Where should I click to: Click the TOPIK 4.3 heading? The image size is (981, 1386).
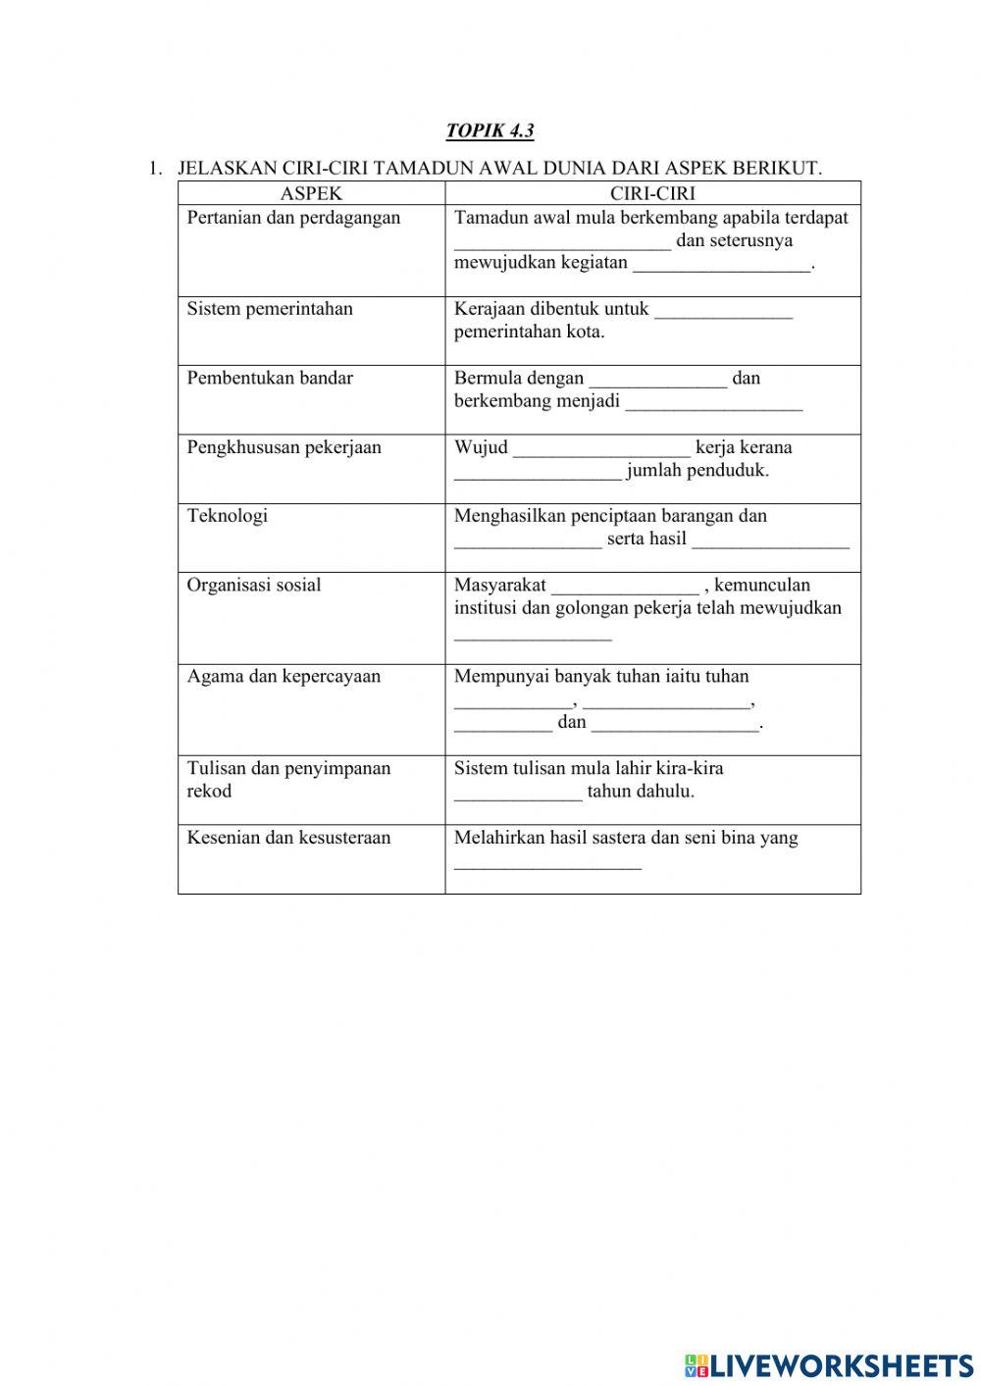pos(490,130)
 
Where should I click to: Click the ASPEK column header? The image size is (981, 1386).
pos(311,194)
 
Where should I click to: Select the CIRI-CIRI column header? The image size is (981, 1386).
pos(652,194)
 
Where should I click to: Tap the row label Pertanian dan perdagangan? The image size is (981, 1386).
pos(293,218)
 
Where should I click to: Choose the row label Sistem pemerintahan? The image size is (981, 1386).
pos(270,309)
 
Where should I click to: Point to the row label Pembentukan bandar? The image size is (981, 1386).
pos(270,379)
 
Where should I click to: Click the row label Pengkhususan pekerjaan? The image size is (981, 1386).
pos(284,447)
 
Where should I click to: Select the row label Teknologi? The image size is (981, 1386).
pos(228,516)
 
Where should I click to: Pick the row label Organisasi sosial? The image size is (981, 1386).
pos(254,586)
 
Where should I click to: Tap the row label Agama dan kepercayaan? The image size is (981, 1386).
pos(284,677)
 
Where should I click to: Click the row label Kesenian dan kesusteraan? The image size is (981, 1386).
pos(288,838)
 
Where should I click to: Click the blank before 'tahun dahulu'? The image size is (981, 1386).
pos(518,796)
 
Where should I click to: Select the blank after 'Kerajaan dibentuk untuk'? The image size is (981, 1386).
pos(723,313)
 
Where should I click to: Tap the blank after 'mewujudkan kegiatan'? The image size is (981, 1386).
pos(722,267)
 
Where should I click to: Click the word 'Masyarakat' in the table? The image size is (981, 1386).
pos(500,586)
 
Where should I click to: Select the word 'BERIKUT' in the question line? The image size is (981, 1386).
pos(784,169)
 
